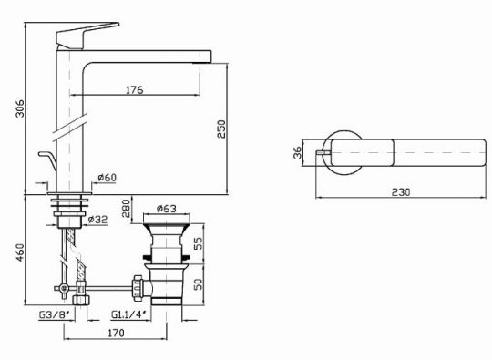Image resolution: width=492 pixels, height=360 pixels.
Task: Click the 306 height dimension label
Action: (20, 108)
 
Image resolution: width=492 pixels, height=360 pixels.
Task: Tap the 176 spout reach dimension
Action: (135, 89)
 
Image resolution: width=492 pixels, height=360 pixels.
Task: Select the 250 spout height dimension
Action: (221, 129)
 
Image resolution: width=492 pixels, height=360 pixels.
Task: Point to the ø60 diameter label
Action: (107, 178)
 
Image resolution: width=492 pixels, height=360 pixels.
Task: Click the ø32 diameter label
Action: (97, 220)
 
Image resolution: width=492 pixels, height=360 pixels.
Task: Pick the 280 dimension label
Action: (126, 209)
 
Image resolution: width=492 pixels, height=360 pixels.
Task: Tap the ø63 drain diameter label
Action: (167, 209)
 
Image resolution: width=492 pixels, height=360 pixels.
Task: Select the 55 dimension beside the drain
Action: (199, 243)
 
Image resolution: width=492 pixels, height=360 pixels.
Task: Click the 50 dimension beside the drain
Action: (199, 284)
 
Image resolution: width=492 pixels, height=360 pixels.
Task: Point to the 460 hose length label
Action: (20, 253)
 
